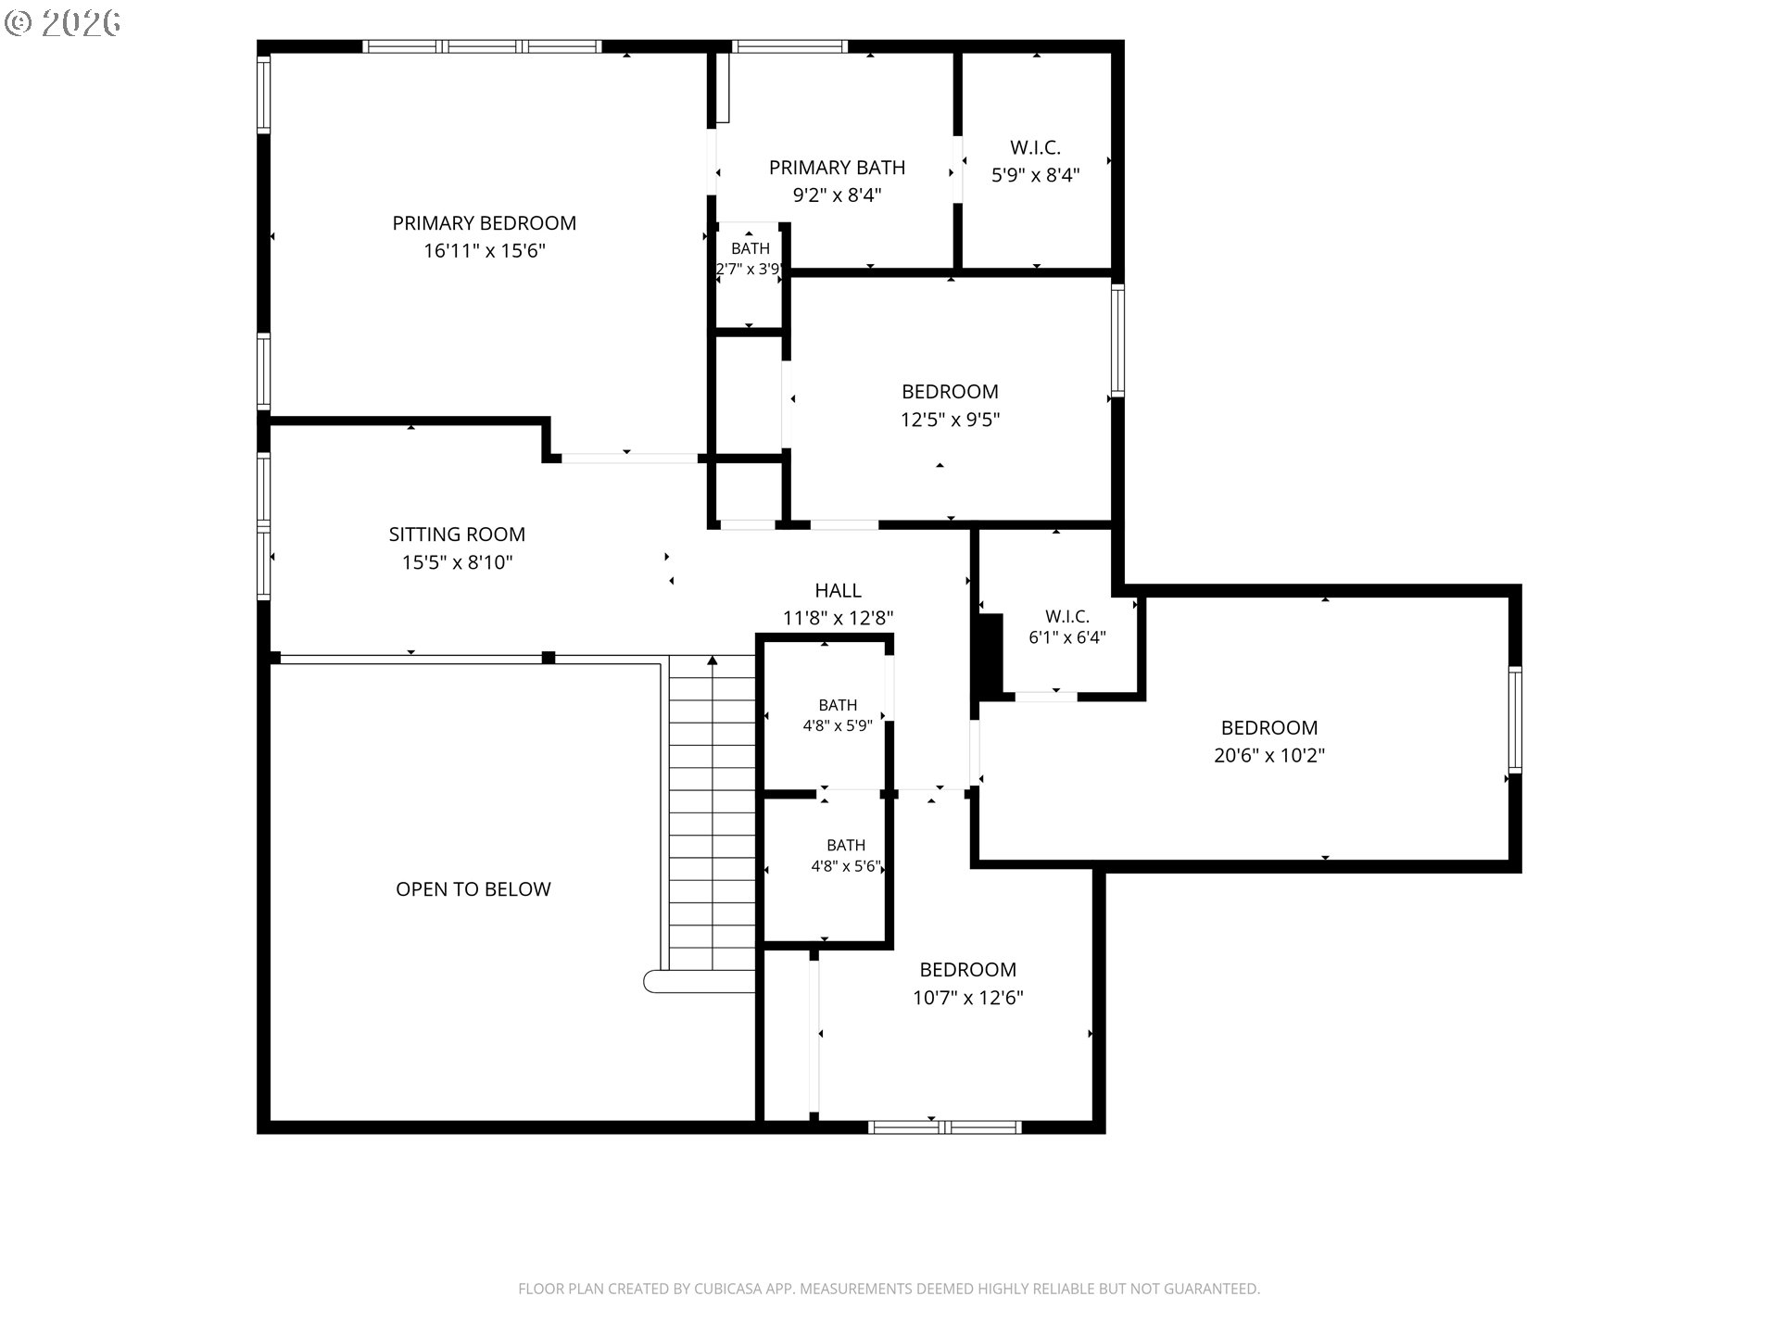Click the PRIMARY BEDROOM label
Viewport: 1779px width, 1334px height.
[x=484, y=223]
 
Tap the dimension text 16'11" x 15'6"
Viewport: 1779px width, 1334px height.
[x=484, y=251]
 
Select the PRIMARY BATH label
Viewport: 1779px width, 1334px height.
[x=837, y=168]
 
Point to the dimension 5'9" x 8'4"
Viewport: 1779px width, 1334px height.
[x=1035, y=175]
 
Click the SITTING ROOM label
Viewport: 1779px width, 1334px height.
[x=457, y=535]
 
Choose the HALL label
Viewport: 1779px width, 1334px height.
[x=838, y=590]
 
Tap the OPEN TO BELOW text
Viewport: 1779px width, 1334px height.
[x=473, y=889]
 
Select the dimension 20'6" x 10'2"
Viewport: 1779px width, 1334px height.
[x=1269, y=755]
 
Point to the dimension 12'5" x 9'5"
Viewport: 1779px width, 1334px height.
[x=950, y=420]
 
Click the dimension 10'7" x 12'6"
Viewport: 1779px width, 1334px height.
[x=967, y=998]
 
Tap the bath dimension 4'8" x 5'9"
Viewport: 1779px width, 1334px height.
[x=838, y=726]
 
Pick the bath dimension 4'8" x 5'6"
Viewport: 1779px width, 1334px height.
[x=845, y=867]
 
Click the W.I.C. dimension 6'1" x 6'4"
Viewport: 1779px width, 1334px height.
[x=1066, y=637]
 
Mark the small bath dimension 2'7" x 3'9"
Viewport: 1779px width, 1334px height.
[x=750, y=270]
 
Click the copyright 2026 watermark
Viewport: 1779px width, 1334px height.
[x=62, y=22]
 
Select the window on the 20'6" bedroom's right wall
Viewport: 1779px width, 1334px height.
[x=1515, y=720]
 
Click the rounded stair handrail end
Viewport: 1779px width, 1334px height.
[x=651, y=981]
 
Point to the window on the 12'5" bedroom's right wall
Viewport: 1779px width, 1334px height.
[x=1117, y=340]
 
